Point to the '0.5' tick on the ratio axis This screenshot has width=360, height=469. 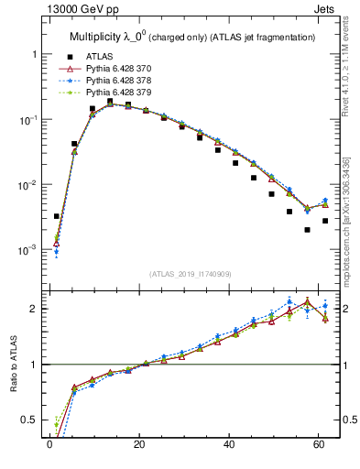(x=30, y=420)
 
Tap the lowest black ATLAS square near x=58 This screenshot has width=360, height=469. (x=308, y=230)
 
